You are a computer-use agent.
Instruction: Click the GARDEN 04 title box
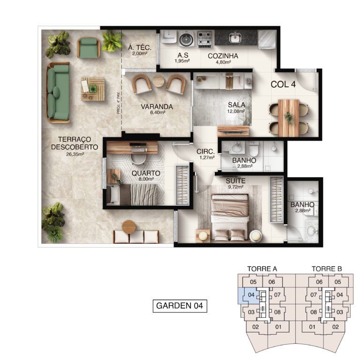pos(180,306)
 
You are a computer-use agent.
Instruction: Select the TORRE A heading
pos(262,269)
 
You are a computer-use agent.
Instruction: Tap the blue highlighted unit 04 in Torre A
pos(251,295)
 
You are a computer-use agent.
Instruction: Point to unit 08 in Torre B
pos(313,312)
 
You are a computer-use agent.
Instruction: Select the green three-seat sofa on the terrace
pos(59,92)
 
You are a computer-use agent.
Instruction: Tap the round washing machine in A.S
pos(187,39)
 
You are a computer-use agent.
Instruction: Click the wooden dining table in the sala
pos(289,118)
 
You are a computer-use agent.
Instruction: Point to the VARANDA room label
pos(157,107)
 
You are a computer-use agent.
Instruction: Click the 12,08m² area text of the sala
pos(236,112)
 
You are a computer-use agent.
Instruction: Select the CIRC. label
pos(206,151)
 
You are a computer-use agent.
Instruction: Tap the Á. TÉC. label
pos(139,47)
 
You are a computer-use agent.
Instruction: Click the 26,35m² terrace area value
pos(75,154)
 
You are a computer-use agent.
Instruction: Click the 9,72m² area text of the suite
pos(236,187)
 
